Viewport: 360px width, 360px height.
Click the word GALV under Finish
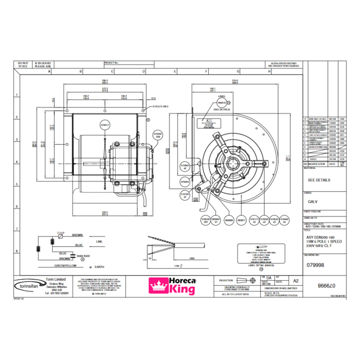coord(312,202)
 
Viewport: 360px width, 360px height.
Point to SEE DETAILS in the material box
coord(318,180)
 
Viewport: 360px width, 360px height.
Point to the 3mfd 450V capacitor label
coord(83,256)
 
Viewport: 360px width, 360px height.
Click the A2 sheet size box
coord(295,281)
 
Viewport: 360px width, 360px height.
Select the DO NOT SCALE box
coord(23,64)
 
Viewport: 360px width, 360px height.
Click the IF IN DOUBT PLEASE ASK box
coord(42,64)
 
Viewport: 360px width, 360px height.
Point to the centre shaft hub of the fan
coord(233,162)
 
